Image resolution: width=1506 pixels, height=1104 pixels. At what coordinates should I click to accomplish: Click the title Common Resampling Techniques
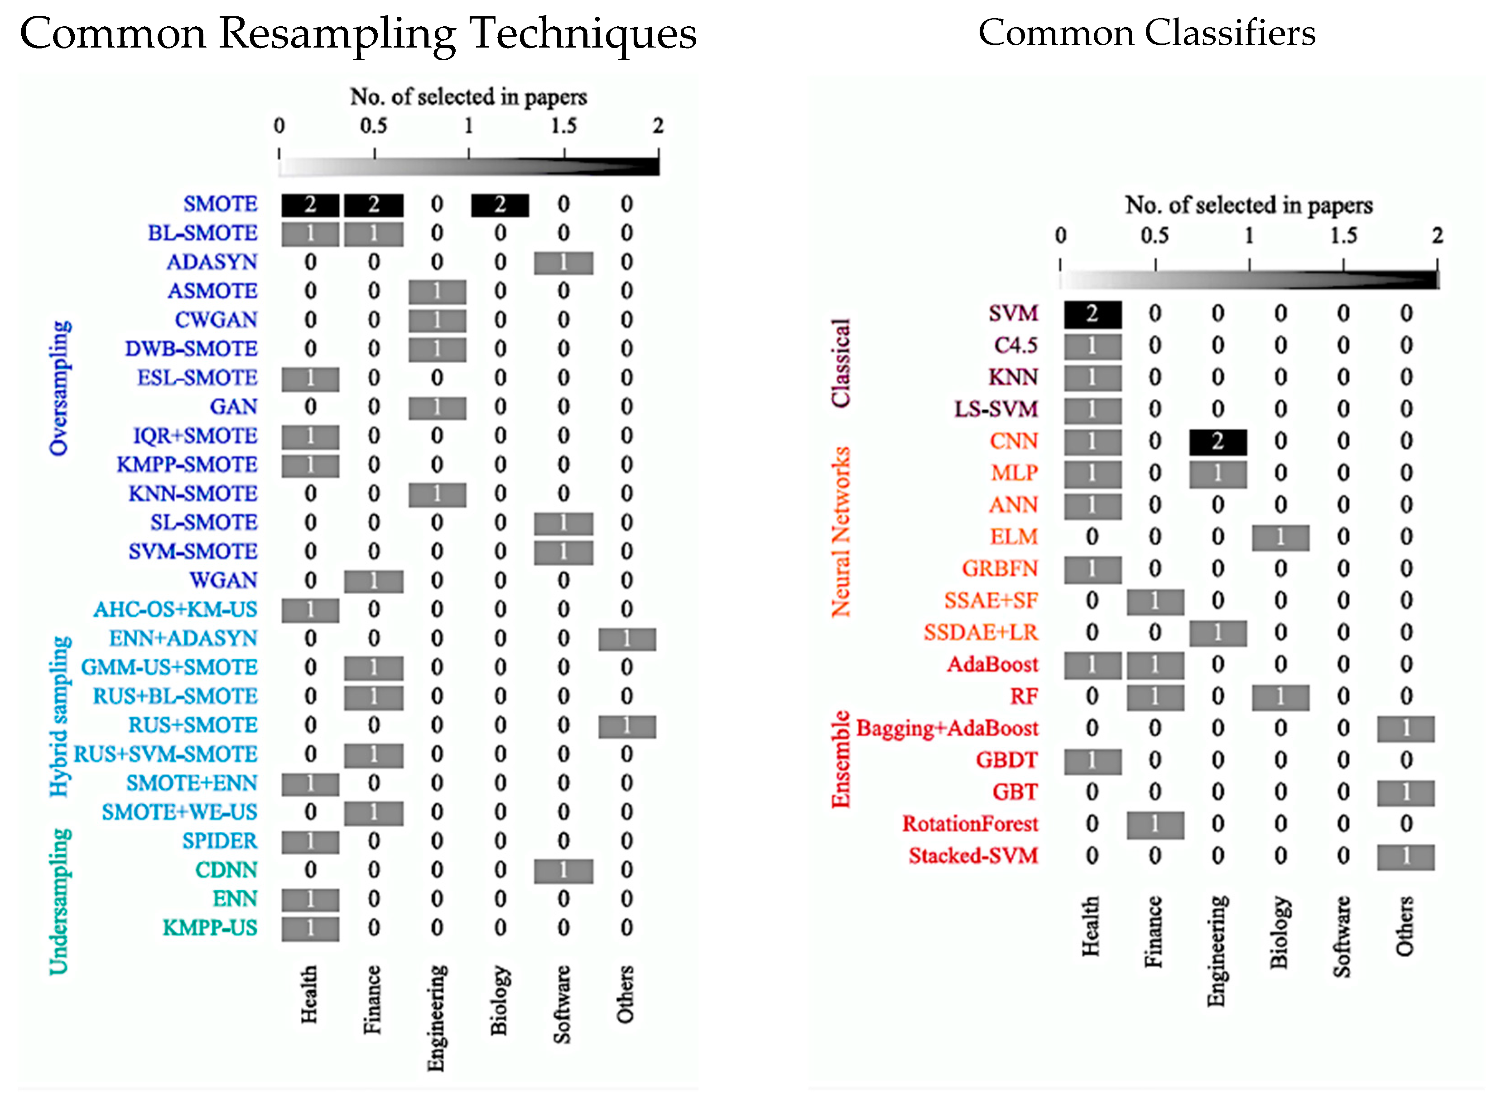point(358,34)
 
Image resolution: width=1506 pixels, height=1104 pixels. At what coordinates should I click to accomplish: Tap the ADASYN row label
point(212,262)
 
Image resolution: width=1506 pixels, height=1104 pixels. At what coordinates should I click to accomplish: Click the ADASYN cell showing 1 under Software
point(563,263)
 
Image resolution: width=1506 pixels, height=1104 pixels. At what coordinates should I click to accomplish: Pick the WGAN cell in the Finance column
point(373,581)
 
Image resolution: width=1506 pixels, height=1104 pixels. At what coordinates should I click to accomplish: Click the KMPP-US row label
point(210,927)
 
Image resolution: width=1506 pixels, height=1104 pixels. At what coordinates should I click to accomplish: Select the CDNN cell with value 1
point(563,870)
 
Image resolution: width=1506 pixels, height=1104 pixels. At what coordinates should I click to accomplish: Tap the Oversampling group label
point(59,388)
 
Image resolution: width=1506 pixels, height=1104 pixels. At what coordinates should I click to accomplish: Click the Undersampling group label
point(59,901)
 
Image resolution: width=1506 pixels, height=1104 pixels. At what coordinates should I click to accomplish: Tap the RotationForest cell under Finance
point(1155,825)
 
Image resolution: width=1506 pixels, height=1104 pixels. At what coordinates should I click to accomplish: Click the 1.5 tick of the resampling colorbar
point(563,125)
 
